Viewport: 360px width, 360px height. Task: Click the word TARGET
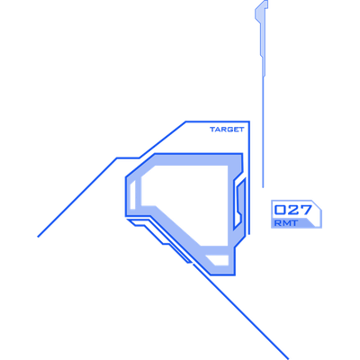point(227,130)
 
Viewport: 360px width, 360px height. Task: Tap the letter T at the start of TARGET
point(212,130)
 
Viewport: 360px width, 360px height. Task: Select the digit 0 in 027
point(280,210)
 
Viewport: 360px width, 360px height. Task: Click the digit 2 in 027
point(292,210)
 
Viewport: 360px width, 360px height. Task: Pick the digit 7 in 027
point(305,210)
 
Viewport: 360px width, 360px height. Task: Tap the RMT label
point(286,223)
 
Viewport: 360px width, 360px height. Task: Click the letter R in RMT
point(278,223)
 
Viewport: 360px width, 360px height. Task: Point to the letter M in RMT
point(286,223)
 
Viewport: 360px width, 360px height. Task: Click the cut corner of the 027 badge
point(317,205)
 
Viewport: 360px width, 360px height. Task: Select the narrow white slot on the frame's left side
point(132,194)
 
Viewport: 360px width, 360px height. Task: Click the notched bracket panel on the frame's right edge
point(240,203)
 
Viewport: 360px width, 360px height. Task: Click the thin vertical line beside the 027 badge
point(263,132)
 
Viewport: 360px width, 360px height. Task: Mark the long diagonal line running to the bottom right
point(240,311)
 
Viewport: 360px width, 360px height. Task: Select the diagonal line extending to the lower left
point(77,197)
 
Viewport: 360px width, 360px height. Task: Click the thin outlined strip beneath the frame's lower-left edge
point(159,240)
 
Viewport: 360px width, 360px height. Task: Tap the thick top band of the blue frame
point(192,159)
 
